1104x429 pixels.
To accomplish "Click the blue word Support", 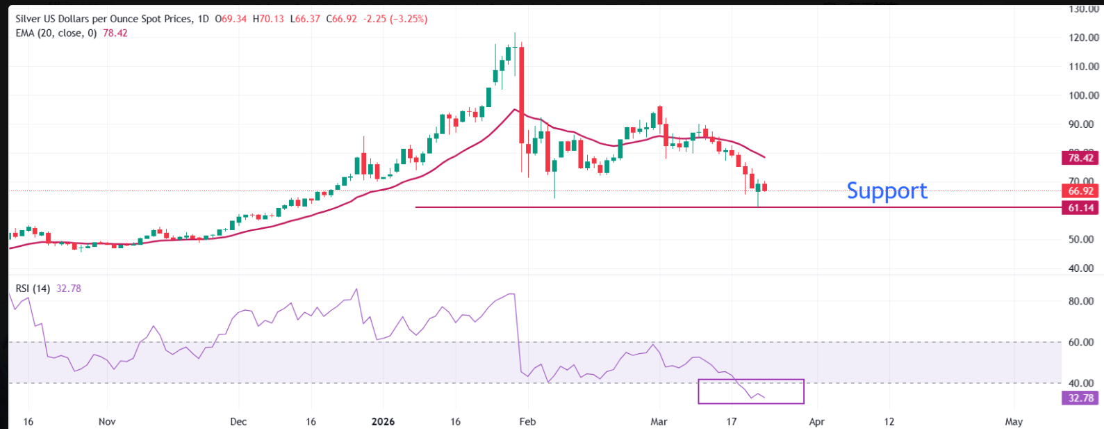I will pyautogui.click(x=887, y=191).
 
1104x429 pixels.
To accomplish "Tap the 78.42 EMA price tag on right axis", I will pyautogui.click(x=1080, y=158).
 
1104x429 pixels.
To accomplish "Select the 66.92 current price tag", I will pyautogui.click(x=1080, y=191).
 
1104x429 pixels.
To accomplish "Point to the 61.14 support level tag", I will pyautogui.click(x=1080, y=208).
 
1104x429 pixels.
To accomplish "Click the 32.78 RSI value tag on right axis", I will pyautogui.click(x=1080, y=398).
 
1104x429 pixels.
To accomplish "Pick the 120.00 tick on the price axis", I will pyautogui.click(x=1084, y=38).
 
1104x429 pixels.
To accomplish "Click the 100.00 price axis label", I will pyautogui.click(x=1084, y=95).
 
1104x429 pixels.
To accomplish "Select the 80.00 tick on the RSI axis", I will pyautogui.click(x=1081, y=301).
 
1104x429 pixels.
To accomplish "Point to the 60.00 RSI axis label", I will pyautogui.click(x=1081, y=342).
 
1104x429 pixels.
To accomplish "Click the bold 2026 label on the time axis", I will pyautogui.click(x=383, y=421).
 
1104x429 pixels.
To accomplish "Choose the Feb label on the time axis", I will pyautogui.click(x=527, y=421).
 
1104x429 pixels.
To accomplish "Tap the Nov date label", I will pyautogui.click(x=107, y=421).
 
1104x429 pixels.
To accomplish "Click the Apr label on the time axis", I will pyautogui.click(x=816, y=421).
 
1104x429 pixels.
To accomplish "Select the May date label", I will pyautogui.click(x=1014, y=421).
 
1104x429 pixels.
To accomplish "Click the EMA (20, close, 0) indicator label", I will pyautogui.click(x=56, y=33).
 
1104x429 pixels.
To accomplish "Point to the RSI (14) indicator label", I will pyautogui.click(x=33, y=289).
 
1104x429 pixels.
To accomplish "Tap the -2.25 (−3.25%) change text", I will pyautogui.click(x=395, y=19).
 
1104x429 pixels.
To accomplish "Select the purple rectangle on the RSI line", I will pyautogui.click(x=750, y=391).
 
